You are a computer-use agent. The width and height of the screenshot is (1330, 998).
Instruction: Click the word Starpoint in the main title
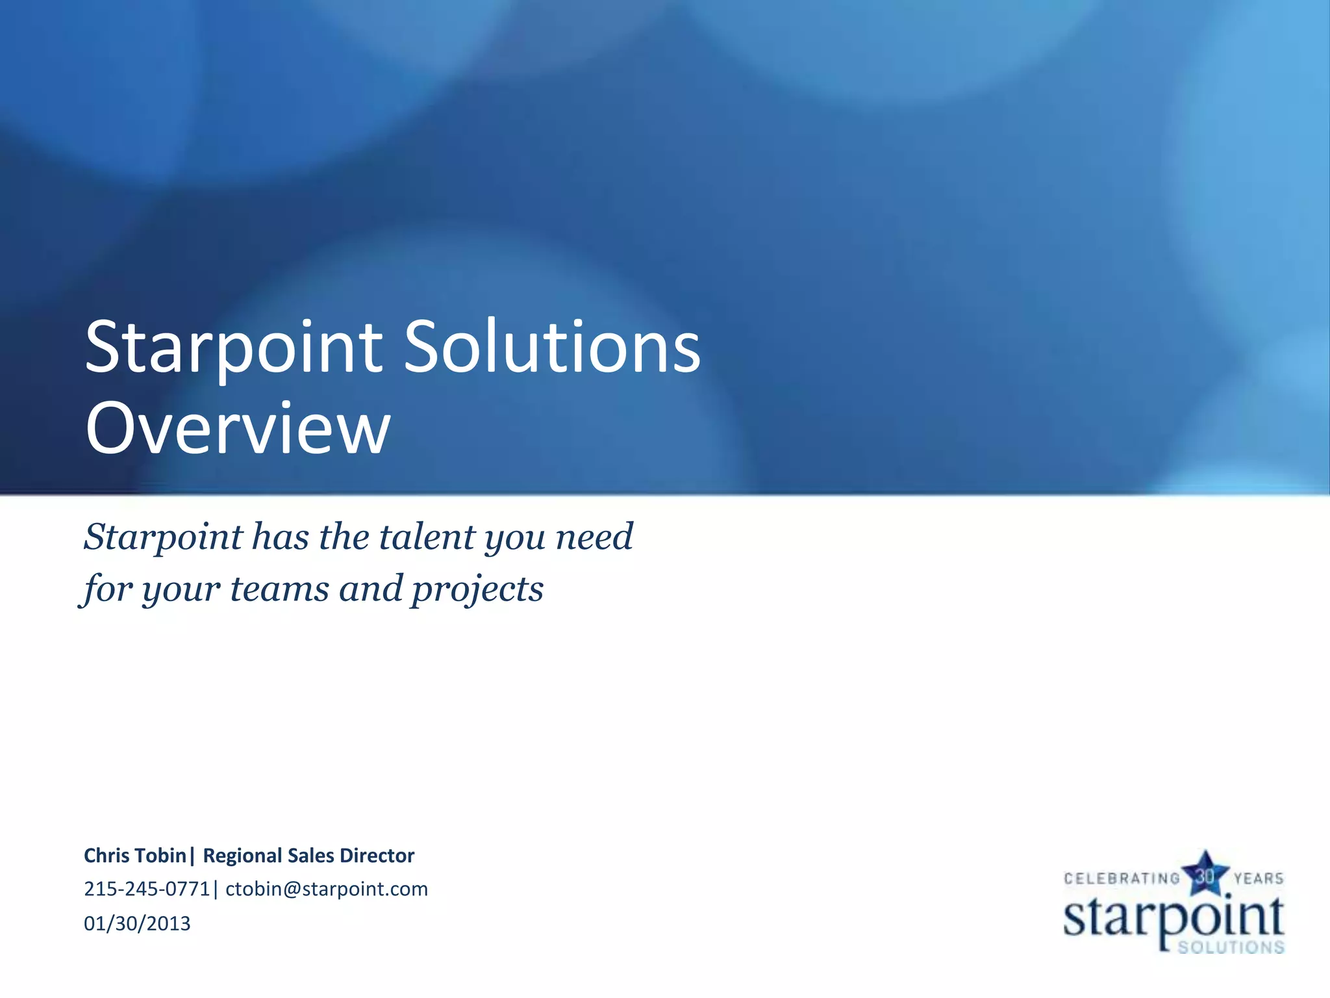(x=234, y=348)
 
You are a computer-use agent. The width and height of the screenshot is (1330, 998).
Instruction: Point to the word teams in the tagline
(x=279, y=589)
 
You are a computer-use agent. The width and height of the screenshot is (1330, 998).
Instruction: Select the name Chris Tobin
(x=135, y=856)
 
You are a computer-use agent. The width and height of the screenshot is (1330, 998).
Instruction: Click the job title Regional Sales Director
(x=308, y=856)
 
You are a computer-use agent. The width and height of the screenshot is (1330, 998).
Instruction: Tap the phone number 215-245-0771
(x=147, y=889)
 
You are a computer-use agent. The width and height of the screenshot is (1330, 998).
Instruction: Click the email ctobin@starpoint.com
(x=327, y=889)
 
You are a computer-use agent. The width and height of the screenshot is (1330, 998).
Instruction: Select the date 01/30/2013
(x=137, y=923)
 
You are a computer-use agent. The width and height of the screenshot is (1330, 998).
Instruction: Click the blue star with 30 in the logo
(x=1205, y=875)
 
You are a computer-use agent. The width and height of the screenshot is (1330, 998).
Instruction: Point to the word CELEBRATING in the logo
(x=1122, y=878)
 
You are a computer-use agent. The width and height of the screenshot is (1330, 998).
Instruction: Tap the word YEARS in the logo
(x=1259, y=878)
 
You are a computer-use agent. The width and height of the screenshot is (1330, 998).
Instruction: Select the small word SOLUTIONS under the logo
(x=1231, y=947)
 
